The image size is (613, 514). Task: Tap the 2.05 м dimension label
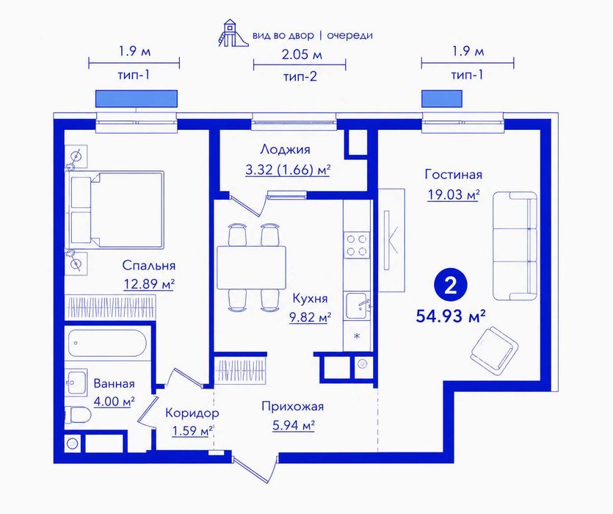click(x=302, y=54)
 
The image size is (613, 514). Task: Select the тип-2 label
click(x=300, y=76)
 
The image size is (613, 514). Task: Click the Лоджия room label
click(x=285, y=150)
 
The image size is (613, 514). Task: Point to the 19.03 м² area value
click(x=454, y=195)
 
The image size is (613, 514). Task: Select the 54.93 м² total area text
click(x=451, y=316)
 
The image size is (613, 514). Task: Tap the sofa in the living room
click(x=515, y=246)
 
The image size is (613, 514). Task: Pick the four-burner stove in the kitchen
click(x=357, y=245)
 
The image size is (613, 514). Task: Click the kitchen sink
click(x=357, y=307)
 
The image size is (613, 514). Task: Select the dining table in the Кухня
click(x=251, y=267)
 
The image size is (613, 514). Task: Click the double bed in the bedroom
click(x=117, y=210)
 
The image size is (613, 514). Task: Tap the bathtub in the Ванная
click(x=107, y=343)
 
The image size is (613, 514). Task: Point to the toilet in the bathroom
click(x=78, y=415)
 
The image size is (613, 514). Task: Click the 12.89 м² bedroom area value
click(x=149, y=284)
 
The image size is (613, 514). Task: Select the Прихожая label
click(x=293, y=407)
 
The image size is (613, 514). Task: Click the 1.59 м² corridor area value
click(x=192, y=431)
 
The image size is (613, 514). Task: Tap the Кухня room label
click(x=310, y=298)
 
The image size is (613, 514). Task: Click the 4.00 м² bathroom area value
click(x=114, y=402)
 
